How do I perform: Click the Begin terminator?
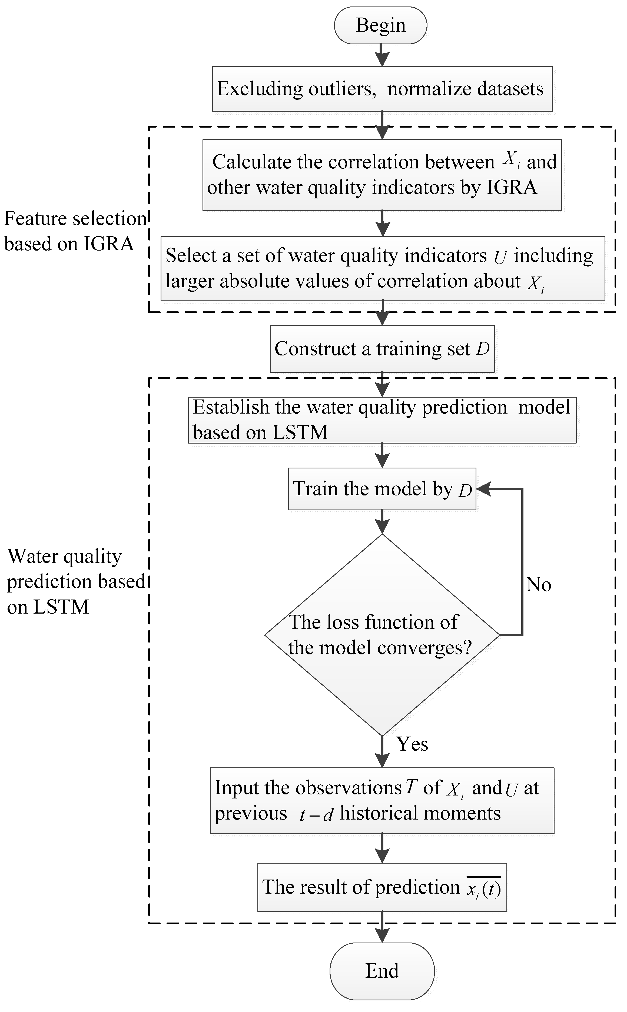tap(380, 25)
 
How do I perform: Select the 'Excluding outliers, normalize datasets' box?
tap(382, 89)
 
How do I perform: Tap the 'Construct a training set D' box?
tap(382, 349)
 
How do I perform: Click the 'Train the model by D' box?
tap(382, 489)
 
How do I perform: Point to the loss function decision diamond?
tap(382, 634)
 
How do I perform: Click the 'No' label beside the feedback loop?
tap(538, 585)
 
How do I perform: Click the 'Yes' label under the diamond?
tap(412, 744)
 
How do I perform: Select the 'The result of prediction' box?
tap(382, 887)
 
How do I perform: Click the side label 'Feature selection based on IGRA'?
tap(75, 231)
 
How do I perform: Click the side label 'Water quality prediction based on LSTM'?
tap(75, 581)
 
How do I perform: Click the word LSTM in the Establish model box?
tap(300, 432)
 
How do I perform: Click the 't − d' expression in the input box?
tap(316, 814)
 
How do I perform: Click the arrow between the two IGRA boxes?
tap(382, 224)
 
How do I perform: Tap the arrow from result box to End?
tap(382, 927)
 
